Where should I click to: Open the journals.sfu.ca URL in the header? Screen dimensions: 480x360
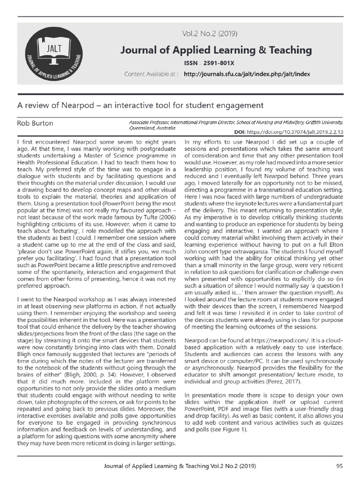247,74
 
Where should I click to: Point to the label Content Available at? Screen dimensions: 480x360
150,74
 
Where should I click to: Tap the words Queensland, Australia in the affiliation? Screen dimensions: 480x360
152,127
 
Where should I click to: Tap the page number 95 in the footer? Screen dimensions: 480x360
340,466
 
